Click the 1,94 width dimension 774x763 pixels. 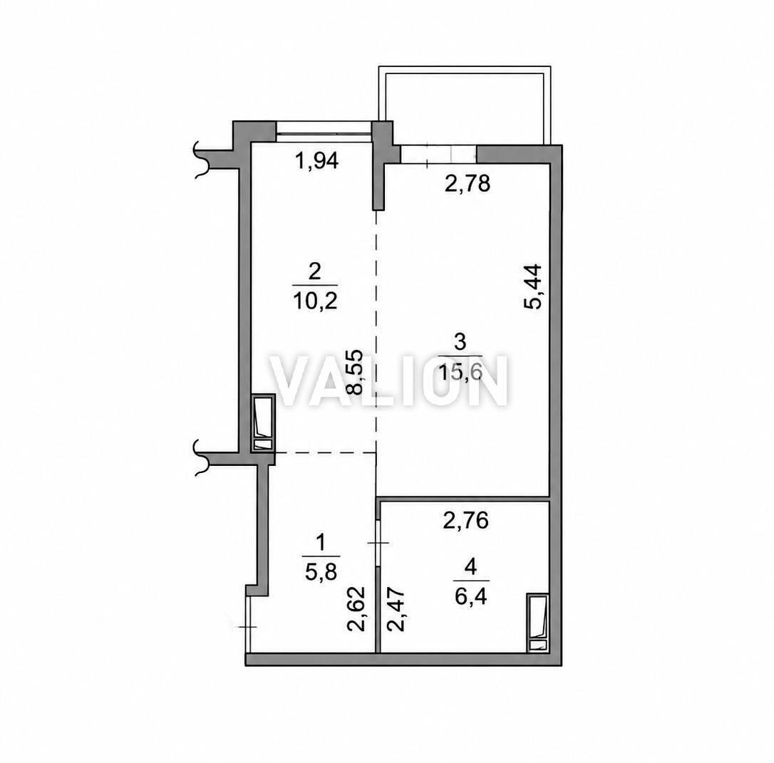pyautogui.click(x=316, y=161)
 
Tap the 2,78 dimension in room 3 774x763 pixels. pyautogui.click(x=467, y=184)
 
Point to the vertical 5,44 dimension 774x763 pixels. pyautogui.click(x=533, y=286)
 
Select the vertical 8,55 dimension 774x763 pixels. pyautogui.click(x=354, y=372)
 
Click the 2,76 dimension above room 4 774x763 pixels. pyautogui.click(x=465, y=521)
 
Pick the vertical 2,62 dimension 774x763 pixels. pyautogui.click(x=356, y=608)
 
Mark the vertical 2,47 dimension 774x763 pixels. pyautogui.click(x=396, y=608)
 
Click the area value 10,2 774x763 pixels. pyautogui.click(x=315, y=301)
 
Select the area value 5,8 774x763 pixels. pyautogui.click(x=321, y=573)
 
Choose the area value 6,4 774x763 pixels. pyautogui.click(x=471, y=597)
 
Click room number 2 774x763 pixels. pyautogui.click(x=314, y=271)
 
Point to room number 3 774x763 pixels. pyautogui.click(x=460, y=341)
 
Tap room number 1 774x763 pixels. pyautogui.click(x=321, y=543)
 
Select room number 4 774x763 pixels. pyautogui.click(x=471, y=567)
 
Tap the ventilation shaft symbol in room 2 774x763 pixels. pyautogui.click(x=263, y=422)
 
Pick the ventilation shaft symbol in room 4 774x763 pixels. pyautogui.click(x=537, y=623)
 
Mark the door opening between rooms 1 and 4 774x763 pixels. pyautogui.click(x=378, y=543)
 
